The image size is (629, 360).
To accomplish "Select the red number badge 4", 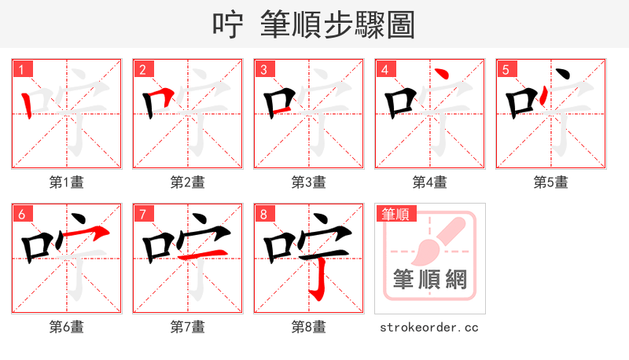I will [385, 70].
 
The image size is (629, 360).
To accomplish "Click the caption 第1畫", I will [66, 182].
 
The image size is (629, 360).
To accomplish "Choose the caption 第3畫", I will [308, 182].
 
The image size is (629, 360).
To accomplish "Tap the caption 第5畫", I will [550, 182].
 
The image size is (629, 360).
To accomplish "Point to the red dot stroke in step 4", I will [442, 75].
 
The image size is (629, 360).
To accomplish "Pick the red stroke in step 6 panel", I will [86, 232].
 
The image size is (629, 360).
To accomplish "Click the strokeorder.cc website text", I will [429, 327].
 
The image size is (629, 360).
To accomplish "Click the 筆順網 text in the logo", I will [429, 279].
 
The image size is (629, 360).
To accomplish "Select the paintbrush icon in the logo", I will [437, 239].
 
